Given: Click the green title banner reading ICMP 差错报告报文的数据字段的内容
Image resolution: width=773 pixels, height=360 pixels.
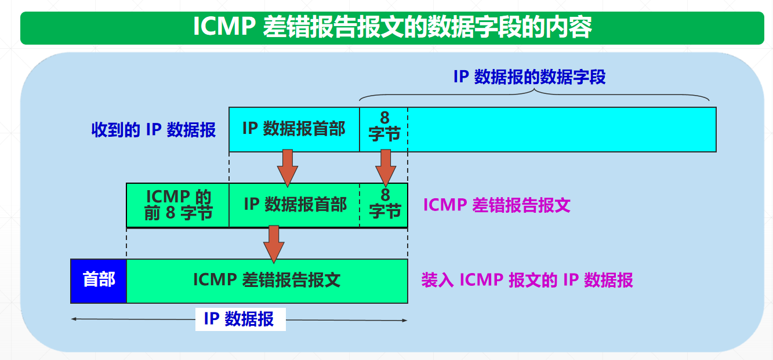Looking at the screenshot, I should pos(392,27).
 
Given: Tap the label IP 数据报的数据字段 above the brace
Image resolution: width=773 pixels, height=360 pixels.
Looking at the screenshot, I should pos(529,77).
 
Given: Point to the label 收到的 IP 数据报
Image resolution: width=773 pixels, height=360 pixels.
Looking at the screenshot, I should pos(154,129).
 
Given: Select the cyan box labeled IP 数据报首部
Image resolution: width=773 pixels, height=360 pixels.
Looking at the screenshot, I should pos(294,129).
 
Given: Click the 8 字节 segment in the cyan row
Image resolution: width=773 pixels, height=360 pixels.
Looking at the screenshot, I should pos(384,129).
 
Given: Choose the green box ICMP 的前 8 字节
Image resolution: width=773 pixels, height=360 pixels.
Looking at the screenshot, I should pos(178,205).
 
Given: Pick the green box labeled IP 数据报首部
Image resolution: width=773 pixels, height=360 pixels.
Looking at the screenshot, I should pos(295,205).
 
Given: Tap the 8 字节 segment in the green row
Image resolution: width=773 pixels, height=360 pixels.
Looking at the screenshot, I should pos(384,205).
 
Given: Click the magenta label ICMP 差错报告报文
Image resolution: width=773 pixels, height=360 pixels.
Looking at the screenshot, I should pos(497,205).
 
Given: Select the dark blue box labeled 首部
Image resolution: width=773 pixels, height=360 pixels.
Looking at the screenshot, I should pos(99,281).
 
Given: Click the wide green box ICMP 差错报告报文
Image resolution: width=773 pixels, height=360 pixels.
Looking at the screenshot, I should pos(267,281).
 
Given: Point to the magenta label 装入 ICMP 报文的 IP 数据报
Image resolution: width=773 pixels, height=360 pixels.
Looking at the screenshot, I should pos(527,281).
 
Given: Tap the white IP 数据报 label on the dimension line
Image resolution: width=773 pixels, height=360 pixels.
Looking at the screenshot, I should pos(240,319).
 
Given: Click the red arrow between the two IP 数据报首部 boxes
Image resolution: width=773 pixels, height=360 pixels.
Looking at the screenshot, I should pos(287,168).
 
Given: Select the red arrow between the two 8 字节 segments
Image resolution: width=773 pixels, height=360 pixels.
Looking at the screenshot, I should pos(386,168).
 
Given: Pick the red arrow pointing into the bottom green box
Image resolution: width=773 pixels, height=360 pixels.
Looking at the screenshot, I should pos(274,243).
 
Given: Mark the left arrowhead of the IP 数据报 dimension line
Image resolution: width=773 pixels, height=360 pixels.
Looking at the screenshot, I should pos(73,319).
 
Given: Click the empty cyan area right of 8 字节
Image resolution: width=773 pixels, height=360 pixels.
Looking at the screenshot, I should pos(561,129).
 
